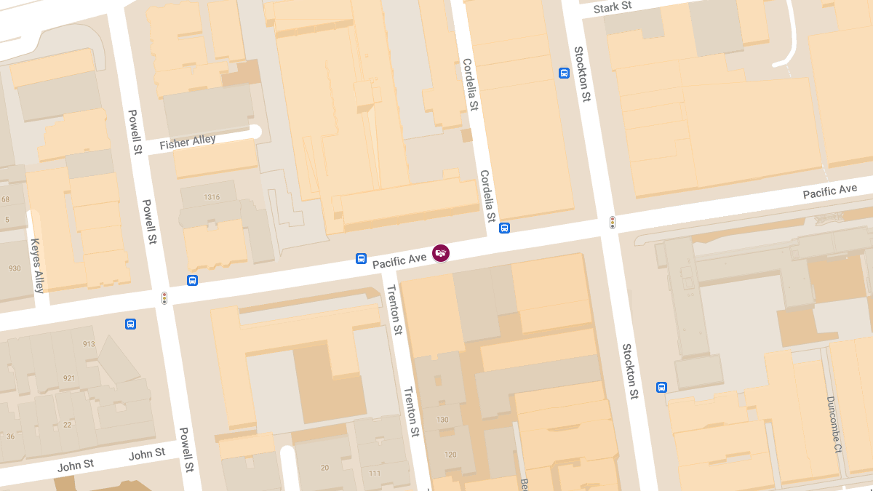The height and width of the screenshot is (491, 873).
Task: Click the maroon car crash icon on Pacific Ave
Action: [441, 253]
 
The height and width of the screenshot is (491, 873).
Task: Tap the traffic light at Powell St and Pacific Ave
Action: [164, 298]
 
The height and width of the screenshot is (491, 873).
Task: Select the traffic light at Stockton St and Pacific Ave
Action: [613, 223]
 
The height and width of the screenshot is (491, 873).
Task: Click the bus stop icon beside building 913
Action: [130, 324]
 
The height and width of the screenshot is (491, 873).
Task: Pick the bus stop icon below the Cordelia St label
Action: [504, 228]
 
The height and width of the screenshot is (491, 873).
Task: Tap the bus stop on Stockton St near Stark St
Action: [564, 73]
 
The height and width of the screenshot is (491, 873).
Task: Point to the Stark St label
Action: [613, 7]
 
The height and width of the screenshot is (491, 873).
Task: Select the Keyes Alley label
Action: [37, 266]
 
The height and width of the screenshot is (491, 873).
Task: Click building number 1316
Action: [212, 197]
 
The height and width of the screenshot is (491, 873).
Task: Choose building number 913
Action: [89, 344]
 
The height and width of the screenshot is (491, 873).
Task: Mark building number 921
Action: [68, 378]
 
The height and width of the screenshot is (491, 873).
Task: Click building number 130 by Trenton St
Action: [442, 420]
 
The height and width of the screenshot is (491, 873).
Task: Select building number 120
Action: [450, 455]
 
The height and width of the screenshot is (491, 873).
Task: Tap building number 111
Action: [375, 474]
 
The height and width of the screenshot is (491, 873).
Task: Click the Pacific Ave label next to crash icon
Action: [399, 261]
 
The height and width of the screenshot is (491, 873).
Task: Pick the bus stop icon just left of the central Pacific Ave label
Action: [361, 259]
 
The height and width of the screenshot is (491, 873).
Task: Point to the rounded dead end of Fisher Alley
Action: [255, 132]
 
